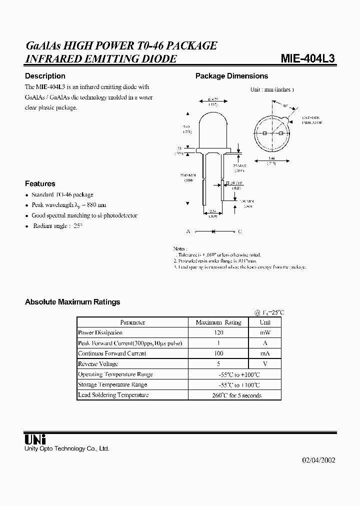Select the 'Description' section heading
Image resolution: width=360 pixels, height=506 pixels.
[x=45, y=76]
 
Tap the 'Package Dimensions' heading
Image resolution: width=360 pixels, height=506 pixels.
[x=231, y=76]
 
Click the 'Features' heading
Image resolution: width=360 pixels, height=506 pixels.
[x=40, y=183]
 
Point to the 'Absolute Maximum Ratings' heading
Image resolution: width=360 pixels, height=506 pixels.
[x=72, y=302]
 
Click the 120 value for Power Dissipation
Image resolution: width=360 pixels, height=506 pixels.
[x=218, y=332]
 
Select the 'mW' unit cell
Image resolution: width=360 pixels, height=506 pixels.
[x=265, y=332]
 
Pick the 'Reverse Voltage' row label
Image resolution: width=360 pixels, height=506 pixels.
[x=98, y=364]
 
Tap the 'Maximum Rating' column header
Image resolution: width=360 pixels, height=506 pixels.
[x=218, y=322]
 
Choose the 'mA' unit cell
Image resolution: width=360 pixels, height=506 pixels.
[x=265, y=353]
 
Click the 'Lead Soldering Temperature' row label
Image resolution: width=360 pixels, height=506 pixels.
[x=113, y=395]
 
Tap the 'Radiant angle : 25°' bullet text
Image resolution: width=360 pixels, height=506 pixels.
[x=57, y=226]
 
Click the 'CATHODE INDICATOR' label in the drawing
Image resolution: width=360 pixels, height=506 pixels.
[x=311, y=120]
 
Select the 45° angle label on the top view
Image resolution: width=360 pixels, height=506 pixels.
[x=285, y=105]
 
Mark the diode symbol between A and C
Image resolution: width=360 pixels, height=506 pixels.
[x=213, y=232]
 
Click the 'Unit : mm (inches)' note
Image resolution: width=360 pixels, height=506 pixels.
[x=271, y=89]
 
